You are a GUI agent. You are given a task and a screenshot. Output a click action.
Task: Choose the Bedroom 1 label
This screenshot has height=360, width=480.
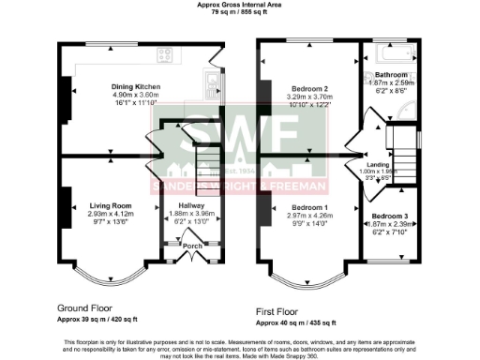tap(309, 206)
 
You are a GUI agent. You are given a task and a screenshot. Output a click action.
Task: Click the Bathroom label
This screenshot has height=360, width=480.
tap(390, 74)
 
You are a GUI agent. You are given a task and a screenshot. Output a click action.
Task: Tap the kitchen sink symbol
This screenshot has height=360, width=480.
tap(207, 91)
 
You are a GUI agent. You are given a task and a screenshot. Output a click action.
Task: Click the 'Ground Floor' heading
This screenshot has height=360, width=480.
tap(84, 307)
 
